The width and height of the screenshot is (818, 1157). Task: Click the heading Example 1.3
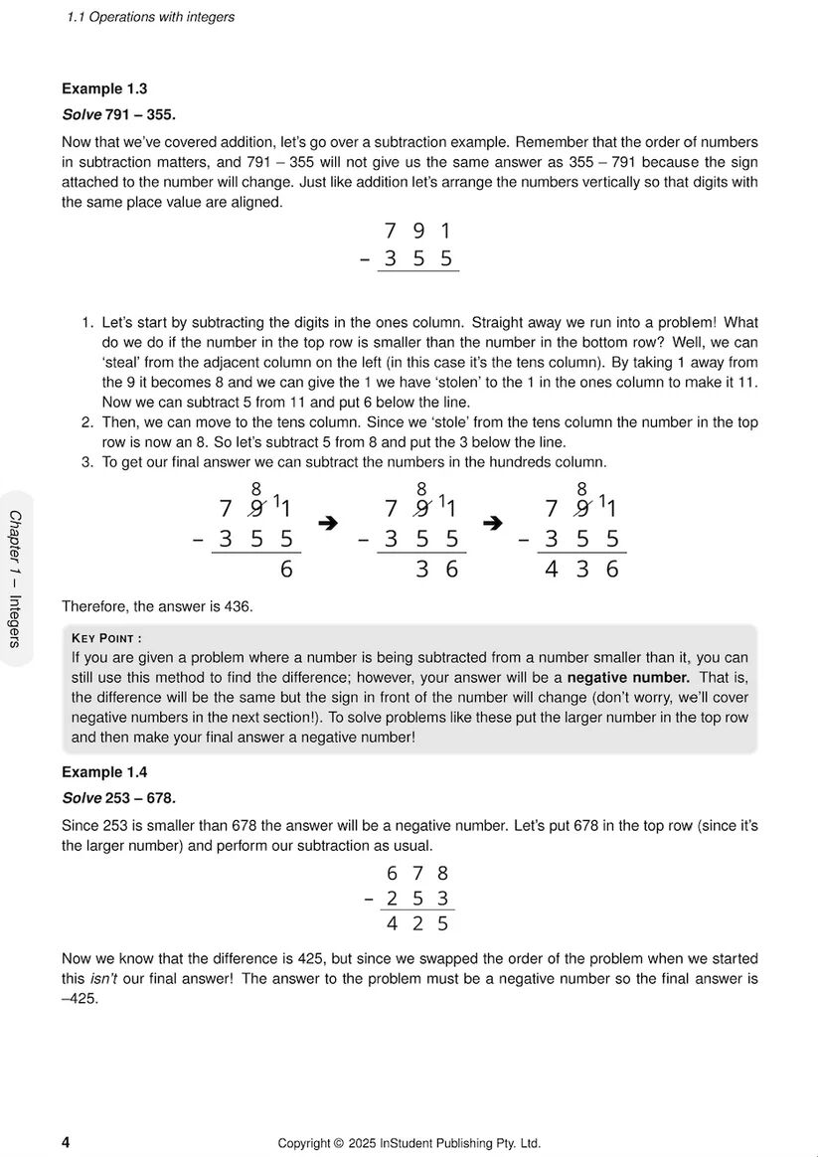point(104,88)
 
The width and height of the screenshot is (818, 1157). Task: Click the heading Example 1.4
point(104,772)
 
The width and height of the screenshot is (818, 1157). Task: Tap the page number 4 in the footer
point(66,1142)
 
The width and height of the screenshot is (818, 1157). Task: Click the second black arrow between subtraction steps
point(492,523)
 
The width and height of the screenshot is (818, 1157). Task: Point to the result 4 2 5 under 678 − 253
point(417,923)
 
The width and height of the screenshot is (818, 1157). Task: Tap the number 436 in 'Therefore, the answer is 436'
point(239,605)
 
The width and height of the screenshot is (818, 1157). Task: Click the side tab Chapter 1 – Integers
point(15,578)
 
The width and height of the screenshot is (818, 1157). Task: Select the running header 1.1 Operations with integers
point(150,17)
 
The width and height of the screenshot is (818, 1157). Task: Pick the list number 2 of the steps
point(87,422)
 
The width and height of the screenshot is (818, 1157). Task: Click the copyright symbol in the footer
point(338,1143)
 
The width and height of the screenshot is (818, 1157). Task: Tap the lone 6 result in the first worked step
point(286,570)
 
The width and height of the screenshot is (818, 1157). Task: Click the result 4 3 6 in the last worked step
point(582,570)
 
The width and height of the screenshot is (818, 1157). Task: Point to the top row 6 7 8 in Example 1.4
point(417,874)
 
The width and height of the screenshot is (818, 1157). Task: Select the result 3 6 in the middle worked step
point(437,570)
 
